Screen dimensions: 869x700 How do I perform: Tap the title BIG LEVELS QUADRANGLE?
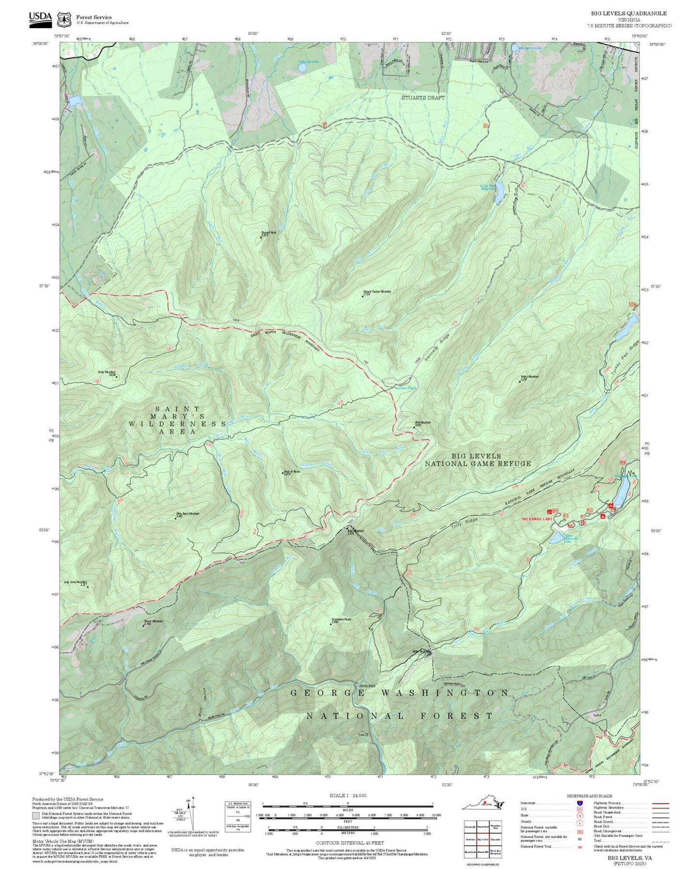click(x=628, y=13)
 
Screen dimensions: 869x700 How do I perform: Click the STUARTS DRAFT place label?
click(x=423, y=97)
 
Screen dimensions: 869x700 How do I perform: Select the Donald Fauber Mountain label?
click(x=377, y=292)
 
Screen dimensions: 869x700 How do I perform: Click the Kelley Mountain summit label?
click(x=529, y=376)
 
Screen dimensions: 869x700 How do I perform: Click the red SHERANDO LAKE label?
click(x=537, y=519)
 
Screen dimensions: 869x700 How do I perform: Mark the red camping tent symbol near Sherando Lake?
click(x=603, y=517)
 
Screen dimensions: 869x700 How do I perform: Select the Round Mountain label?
click(x=154, y=621)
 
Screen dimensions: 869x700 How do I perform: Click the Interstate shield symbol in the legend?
click(x=579, y=803)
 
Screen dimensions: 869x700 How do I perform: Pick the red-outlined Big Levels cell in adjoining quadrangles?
click(x=482, y=839)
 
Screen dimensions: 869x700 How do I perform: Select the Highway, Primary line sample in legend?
click(x=660, y=803)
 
